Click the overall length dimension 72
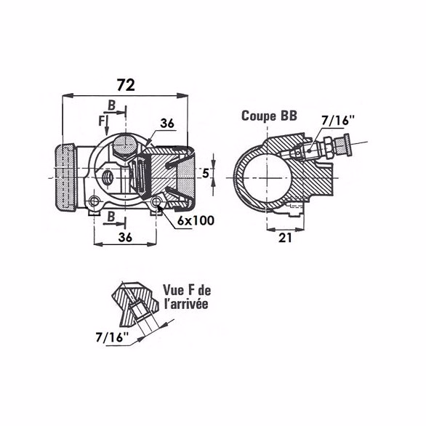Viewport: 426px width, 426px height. tap(126, 85)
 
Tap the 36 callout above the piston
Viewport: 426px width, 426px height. tap(167, 124)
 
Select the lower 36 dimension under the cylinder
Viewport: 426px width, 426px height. tap(124, 237)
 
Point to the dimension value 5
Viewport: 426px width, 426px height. tap(206, 173)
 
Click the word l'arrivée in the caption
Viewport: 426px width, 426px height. tap(185, 304)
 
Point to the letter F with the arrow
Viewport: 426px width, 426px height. tap(101, 119)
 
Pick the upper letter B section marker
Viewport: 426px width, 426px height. tap(112, 105)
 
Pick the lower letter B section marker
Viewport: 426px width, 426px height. tap(110, 216)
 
